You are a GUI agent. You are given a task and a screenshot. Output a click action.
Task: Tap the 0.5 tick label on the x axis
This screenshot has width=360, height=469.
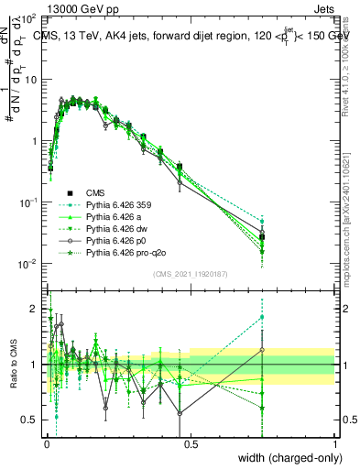(x=191, y=444)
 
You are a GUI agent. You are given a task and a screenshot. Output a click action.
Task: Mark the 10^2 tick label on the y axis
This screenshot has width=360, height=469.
(x=29, y=18)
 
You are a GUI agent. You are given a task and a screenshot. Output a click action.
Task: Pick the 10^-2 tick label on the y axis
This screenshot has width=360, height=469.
(x=29, y=264)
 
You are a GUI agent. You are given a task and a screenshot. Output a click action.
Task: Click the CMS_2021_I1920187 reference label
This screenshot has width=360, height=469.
(x=191, y=275)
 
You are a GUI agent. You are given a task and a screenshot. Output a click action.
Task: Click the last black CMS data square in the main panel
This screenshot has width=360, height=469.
(x=263, y=236)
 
